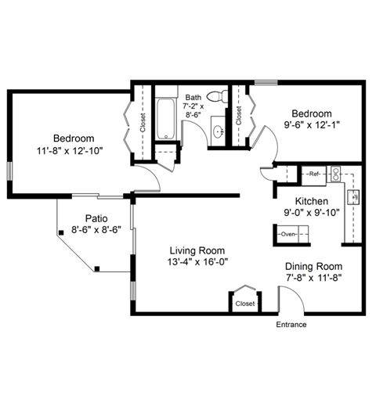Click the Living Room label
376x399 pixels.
[199, 250]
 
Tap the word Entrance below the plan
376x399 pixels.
[291, 325]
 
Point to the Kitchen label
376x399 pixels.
[311, 201]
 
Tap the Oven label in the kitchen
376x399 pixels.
[288, 234]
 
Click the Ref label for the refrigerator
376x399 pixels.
[313, 174]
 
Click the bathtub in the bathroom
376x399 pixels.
[167, 119]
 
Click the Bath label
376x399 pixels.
[193, 96]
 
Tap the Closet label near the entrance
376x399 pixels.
[245, 303]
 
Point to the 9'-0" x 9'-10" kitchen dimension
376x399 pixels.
[311, 213]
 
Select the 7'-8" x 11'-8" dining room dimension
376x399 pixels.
[313, 278]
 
